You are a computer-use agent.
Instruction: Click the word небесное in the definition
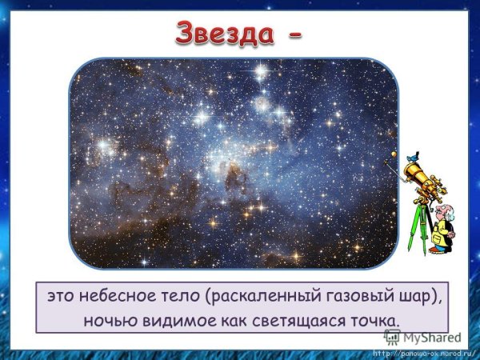click(x=120, y=296)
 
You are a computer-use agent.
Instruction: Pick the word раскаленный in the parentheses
click(x=255, y=296)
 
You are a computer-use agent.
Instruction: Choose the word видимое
click(x=173, y=320)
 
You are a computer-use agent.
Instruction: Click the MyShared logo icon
click(x=392, y=338)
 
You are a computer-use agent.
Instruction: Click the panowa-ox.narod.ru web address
click(x=423, y=352)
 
